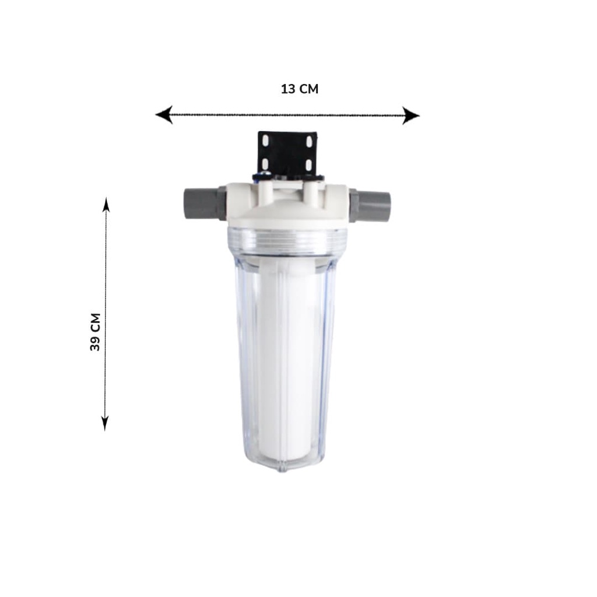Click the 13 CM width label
[299, 89]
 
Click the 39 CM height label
[95, 332]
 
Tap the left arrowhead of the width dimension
[164, 115]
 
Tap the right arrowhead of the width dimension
[411, 115]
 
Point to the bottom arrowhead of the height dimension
[105, 423]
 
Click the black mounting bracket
[287, 154]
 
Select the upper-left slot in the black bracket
[266, 141]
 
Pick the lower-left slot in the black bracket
[265, 164]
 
